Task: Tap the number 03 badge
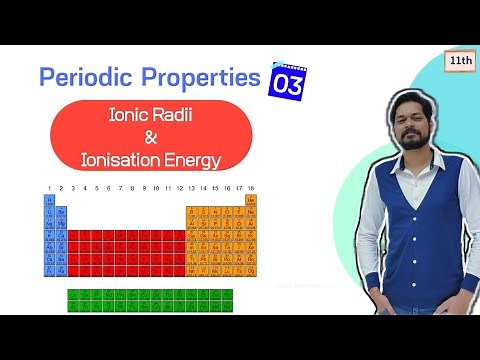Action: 288,83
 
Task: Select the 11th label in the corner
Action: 461,61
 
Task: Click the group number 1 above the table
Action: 49,187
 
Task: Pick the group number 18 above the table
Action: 251,187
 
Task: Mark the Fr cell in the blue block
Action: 49,272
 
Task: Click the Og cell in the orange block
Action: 251,272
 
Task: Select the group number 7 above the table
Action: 120,187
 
